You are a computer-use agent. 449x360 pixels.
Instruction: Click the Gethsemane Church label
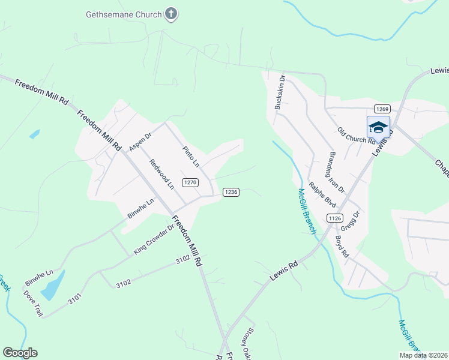tap(124, 14)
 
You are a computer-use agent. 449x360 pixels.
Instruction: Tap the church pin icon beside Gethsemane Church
tap(172, 14)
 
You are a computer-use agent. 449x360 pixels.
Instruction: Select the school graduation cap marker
tap(378, 127)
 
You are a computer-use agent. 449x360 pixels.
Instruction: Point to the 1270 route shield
tap(190, 182)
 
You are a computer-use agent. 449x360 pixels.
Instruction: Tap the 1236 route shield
tap(231, 192)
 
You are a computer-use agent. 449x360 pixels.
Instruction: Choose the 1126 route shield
tap(335, 219)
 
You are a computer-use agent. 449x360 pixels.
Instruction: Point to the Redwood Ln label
tap(161, 173)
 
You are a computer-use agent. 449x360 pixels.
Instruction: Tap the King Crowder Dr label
tap(154, 239)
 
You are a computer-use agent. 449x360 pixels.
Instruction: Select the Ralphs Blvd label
tap(322, 194)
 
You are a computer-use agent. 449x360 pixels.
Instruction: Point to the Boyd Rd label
tap(342, 246)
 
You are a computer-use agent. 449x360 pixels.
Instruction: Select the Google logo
tap(20, 353)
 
